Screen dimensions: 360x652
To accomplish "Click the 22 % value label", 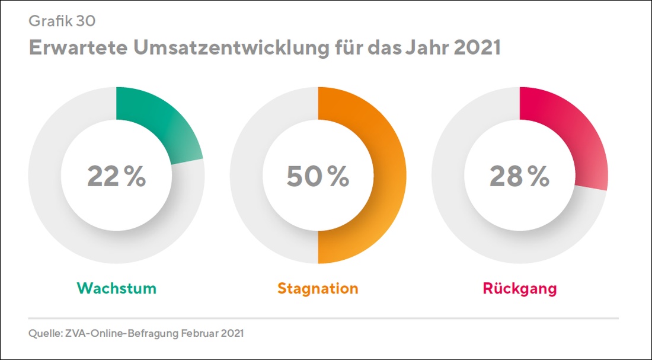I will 116,176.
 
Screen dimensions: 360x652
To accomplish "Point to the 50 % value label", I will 318,176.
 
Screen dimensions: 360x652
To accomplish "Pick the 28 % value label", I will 519,176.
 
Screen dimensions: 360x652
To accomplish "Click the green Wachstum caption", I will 117,289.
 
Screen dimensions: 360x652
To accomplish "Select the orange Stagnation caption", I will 318,289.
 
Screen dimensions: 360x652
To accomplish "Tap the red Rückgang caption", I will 520,289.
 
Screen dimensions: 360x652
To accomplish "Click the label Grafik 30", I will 62,22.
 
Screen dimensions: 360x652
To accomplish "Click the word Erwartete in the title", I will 77,48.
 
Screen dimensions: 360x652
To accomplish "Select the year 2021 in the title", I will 477,48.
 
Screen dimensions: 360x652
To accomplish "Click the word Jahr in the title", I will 426,48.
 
